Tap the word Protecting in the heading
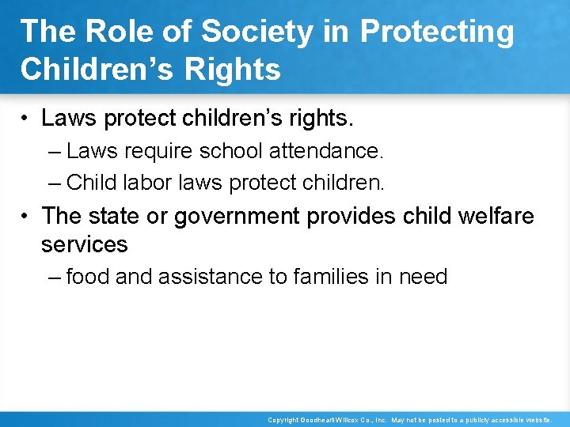click(x=438, y=32)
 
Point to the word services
click(x=84, y=244)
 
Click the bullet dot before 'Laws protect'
click(x=25, y=119)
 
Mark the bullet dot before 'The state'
click(x=25, y=216)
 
